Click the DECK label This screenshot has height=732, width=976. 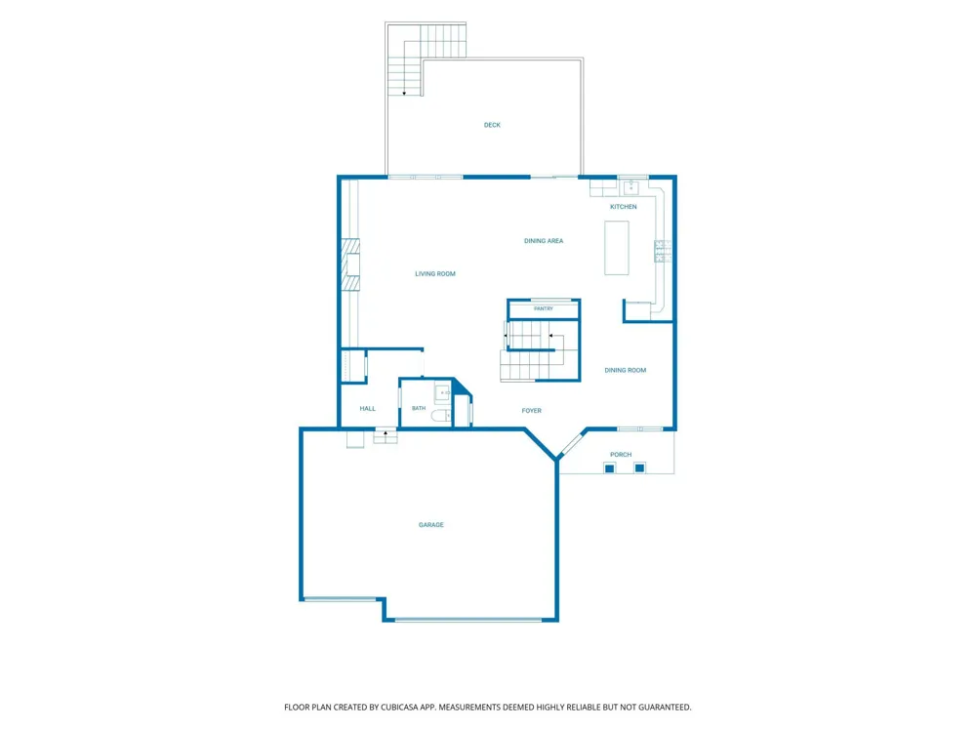492,125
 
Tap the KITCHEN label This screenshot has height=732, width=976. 623,207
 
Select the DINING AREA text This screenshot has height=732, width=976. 544,241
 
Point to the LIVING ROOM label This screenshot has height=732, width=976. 435,274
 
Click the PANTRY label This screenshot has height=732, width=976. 544,308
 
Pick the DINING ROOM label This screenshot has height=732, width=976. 625,370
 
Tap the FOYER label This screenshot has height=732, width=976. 532,411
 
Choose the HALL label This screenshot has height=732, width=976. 367,409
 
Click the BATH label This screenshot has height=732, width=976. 419,408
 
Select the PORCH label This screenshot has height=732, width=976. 621,455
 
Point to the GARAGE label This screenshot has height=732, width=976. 430,525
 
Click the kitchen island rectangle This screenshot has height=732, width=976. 616,248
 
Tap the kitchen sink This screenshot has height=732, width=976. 631,186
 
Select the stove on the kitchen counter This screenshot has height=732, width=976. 663,251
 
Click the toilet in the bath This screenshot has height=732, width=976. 441,415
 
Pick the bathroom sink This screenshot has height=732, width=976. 442,393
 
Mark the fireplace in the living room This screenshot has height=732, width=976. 350,264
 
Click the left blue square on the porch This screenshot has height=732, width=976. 610,468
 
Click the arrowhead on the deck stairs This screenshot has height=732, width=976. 405,94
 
